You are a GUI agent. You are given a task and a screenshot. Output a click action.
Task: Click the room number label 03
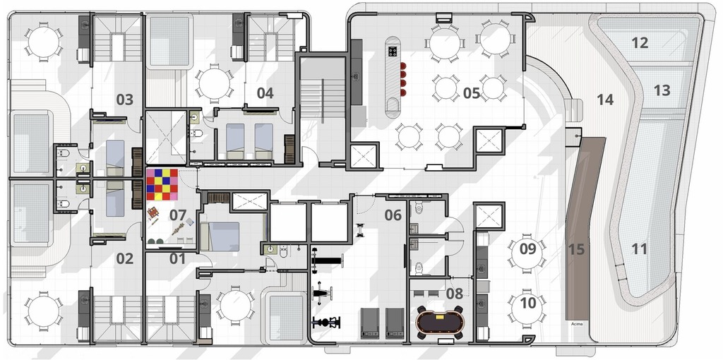point(125,100)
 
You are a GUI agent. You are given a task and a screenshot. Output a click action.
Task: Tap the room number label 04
point(265,93)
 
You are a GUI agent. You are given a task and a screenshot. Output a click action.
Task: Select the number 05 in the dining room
point(472,93)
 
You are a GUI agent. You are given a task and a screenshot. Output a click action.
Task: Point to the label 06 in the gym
point(393,215)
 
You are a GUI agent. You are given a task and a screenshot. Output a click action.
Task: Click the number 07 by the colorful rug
point(178,215)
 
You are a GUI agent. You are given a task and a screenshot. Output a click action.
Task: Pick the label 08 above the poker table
point(455,293)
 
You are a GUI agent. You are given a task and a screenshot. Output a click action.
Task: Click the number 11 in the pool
point(639,249)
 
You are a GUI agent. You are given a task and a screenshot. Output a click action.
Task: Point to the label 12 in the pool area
point(640,43)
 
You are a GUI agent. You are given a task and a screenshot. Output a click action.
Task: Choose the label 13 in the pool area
point(662,90)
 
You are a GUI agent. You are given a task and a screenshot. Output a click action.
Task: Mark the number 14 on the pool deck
point(605,100)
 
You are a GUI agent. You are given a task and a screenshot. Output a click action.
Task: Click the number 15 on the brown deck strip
point(576,249)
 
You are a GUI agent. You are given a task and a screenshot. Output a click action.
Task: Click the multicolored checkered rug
point(162,184)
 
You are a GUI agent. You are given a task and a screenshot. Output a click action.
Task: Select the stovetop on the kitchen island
point(393,51)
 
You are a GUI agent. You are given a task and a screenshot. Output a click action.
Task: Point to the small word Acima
point(577,323)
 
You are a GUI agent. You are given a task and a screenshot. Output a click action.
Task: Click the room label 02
point(125,259)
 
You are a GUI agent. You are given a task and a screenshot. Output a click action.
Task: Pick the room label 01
point(177,259)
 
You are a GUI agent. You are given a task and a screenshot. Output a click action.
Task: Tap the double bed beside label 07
point(220,236)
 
